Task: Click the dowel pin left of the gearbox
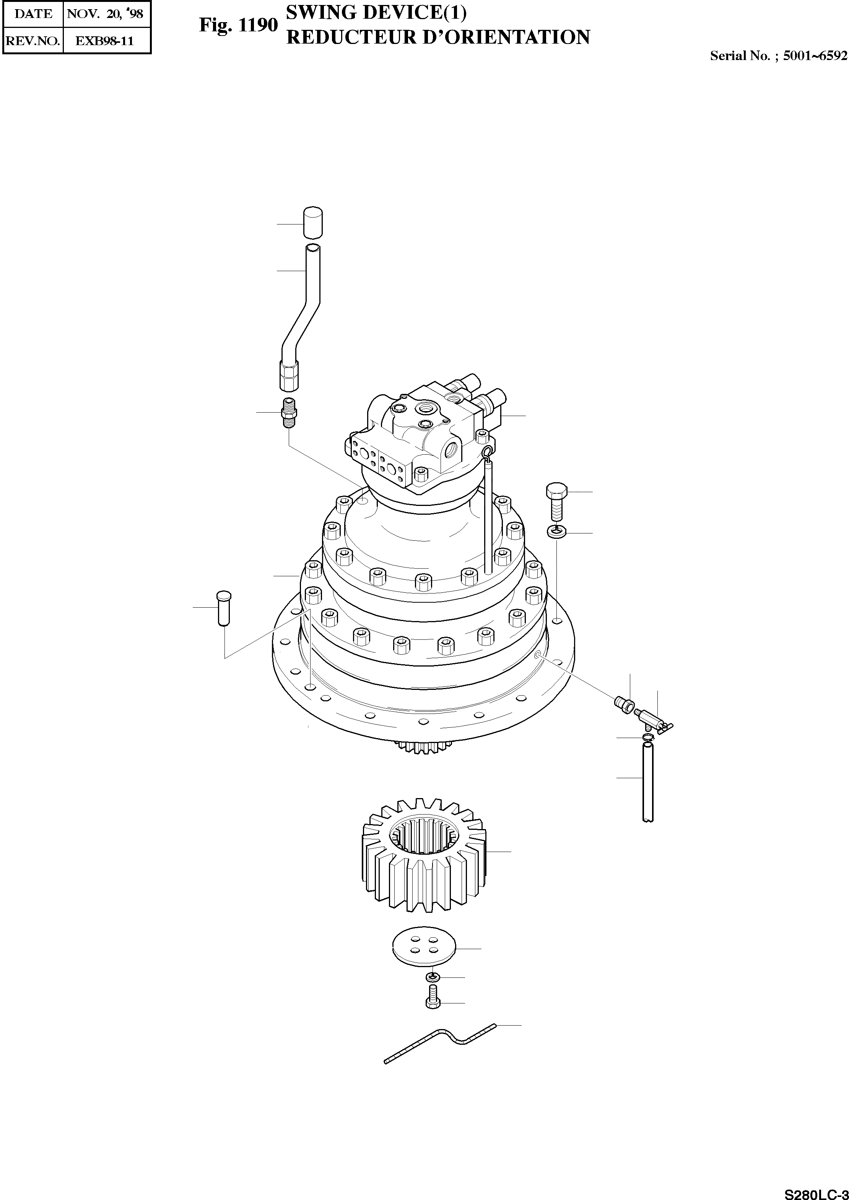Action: tap(224, 608)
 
